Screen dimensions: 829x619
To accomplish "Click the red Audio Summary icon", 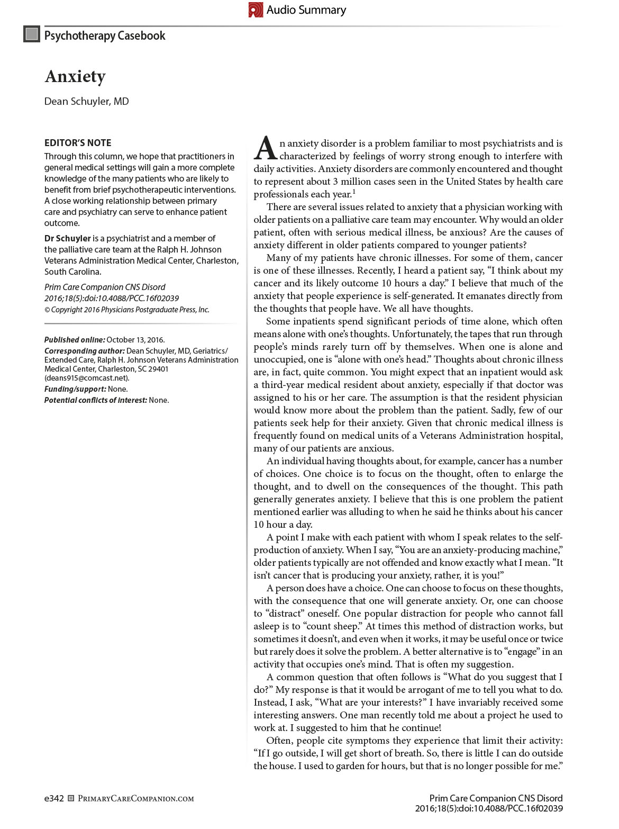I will (x=256, y=10).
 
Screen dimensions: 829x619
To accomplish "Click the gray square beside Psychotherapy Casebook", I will (x=32, y=34).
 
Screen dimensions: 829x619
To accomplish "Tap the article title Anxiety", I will (x=75, y=77).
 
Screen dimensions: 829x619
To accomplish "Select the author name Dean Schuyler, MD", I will (x=86, y=101).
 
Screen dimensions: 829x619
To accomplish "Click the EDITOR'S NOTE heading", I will (x=78, y=143).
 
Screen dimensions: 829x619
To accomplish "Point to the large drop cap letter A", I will (x=265, y=149).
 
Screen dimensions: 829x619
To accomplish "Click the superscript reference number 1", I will (x=354, y=192).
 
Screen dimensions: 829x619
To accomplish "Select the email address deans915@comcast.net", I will (x=86, y=378).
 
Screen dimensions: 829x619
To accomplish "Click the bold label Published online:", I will (x=75, y=340).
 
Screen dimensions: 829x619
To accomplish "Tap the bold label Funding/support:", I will (x=75, y=389).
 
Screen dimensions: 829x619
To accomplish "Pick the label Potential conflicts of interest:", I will (x=95, y=400).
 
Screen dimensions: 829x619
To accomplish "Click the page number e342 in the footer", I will (x=54, y=798).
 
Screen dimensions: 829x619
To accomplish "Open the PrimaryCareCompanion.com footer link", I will (x=136, y=799).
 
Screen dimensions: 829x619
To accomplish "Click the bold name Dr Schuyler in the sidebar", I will (x=68, y=238).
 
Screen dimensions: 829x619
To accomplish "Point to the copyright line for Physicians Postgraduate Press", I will (x=127, y=310).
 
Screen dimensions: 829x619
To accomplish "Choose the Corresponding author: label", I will (x=85, y=351).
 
